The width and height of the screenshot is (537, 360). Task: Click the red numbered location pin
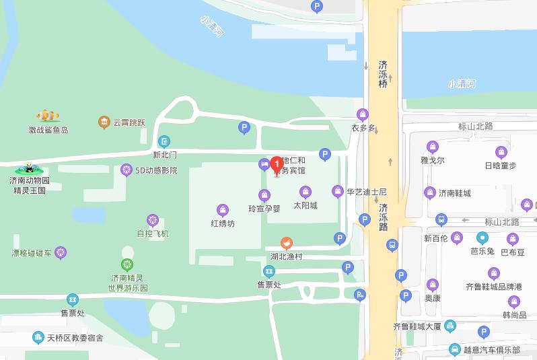click(276, 165)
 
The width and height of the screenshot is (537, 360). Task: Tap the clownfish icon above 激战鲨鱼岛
click(48, 115)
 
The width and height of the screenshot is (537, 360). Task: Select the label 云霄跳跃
click(129, 122)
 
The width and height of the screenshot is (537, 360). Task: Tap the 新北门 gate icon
click(164, 141)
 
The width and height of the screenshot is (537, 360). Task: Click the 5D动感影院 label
click(156, 170)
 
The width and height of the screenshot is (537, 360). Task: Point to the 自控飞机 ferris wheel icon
click(153, 220)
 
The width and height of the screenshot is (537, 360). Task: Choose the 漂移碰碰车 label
click(34, 254)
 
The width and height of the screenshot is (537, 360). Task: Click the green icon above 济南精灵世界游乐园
click(127, 264)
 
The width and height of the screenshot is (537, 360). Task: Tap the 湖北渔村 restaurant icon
click(287, 243)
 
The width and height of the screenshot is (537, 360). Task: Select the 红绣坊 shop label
click(222, 223)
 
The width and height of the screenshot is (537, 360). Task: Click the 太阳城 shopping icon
click(305, 192)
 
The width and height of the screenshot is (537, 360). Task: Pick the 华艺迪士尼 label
click(367, 192)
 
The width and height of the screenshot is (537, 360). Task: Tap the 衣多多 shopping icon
click(363, 114)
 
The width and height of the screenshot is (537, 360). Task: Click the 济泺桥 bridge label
click(383, 75)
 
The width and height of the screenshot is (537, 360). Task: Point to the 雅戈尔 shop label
click(433, 160)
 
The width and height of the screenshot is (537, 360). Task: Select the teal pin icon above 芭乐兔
click(482, 238)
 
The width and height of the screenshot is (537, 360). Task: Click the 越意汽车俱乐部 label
click(492, 350)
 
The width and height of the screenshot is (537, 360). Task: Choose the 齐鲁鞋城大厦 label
click(417, 326)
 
